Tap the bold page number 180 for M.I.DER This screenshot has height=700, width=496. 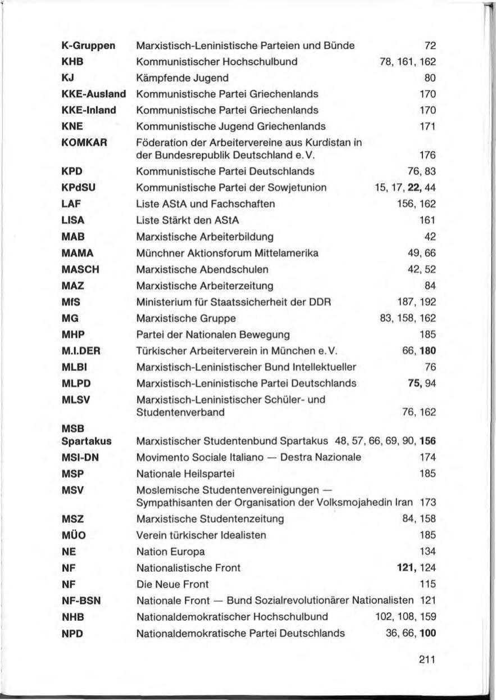click(427, 351)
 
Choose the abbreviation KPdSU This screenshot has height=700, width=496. click(77, 187)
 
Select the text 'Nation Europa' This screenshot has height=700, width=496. click(171, 551)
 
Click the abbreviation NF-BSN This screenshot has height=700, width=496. click(81, 600)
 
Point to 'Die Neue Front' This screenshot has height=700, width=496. click(172, 584)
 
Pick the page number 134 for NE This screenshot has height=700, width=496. click(428, 551)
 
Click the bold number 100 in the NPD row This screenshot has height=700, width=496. click(427, 633)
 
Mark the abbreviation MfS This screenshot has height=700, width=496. click(71, 302)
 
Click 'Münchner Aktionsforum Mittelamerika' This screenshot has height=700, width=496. click(227, 253)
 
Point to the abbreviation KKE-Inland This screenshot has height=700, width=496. click(89, 110)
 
